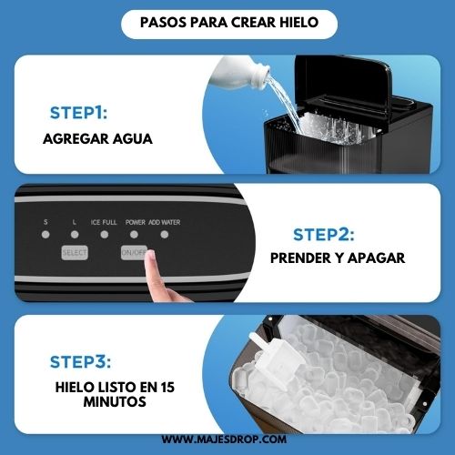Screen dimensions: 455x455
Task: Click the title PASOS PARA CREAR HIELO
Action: (229, 23)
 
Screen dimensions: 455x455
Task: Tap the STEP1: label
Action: (78, 113)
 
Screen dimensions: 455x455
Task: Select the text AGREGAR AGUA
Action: (97, 139)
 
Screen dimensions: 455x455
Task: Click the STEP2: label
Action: (324, 235)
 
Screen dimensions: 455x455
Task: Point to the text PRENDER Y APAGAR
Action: (338, 258)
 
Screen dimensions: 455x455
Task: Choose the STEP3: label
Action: (80, 362)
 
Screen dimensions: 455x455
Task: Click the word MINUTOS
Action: (115, 402)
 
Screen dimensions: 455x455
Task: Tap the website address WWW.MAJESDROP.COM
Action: (224, 440)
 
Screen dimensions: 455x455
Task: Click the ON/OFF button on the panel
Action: (134, 253)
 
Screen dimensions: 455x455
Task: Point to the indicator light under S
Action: (45, 235)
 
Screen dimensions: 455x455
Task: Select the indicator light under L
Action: (75, 235)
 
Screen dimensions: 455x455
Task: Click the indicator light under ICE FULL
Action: (105, 235)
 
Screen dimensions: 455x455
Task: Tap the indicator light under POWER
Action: (134, 235)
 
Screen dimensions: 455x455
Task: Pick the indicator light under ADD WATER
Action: (165, 235)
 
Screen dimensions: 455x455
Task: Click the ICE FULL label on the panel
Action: (104, 222)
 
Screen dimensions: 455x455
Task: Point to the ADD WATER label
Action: (165, 222)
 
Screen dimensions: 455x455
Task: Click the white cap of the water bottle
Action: (260, 77)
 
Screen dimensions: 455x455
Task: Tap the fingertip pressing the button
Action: (150, 258)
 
